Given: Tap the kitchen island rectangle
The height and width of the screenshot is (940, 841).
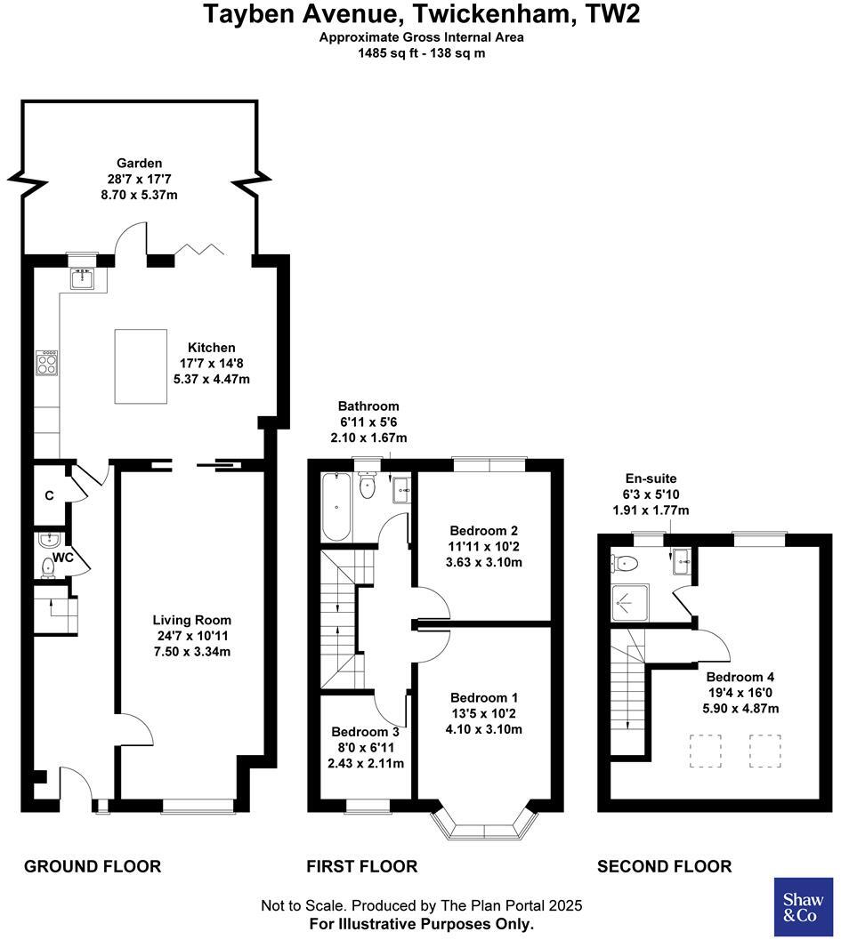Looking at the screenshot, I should (141, 366).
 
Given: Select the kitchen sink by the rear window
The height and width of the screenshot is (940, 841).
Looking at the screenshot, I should (83, 279).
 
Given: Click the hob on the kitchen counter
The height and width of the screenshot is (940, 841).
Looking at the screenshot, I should (47, 363).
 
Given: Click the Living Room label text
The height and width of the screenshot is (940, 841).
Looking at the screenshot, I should (191, 620).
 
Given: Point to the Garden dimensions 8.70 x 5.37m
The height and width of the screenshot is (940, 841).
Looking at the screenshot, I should (141, 194).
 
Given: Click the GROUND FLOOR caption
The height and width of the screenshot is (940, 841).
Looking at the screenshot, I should (93, 866).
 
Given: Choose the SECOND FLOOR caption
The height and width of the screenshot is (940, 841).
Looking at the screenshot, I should (664, 866).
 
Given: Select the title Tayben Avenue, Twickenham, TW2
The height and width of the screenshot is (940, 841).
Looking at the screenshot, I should (421, 15).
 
